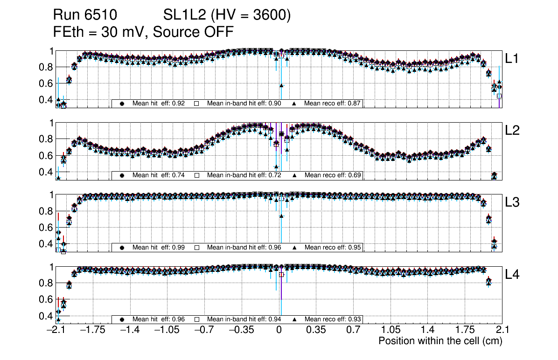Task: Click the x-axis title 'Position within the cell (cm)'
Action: coord(440,341)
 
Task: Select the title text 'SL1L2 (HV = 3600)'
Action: coord(227,15)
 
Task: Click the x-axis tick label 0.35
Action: coord(316,330)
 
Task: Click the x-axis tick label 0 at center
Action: coord(279,330)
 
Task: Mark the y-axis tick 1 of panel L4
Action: coord(50,267)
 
